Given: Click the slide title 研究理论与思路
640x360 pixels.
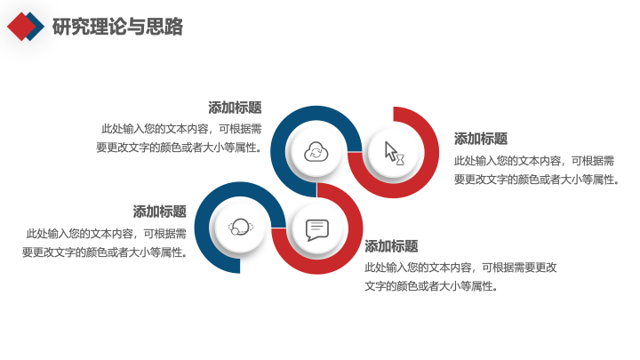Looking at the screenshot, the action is click(117, 27).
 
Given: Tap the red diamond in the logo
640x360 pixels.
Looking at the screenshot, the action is click(21, 27).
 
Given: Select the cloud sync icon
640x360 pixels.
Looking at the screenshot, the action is click(316, 152).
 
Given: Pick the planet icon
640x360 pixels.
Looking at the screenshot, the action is click(240, 227).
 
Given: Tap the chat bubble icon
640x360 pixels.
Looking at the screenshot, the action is click(317, 230).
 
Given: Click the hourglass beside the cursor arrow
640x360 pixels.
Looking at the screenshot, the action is click(400, 160).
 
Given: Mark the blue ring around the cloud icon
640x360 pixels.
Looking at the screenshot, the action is click(277, 152).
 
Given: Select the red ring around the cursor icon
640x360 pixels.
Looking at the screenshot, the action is click(431, 152).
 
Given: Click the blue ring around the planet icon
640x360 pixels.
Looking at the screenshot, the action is click(202, 228).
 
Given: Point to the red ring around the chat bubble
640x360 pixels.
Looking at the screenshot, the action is click(355, 228).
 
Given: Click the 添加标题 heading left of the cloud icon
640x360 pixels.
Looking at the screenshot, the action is click(235, 108).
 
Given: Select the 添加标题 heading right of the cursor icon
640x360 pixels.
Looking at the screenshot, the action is click(481, 139).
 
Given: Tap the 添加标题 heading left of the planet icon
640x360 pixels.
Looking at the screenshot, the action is click(160, 212).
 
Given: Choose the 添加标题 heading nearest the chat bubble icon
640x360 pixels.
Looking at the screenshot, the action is click(391, 246).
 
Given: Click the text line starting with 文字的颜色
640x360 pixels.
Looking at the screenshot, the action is click(431, 286).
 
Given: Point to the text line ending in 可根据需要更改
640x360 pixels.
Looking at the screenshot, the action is click(460, 268).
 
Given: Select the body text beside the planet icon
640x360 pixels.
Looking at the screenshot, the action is click(105, 243).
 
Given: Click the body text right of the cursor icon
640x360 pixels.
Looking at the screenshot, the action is click(537, 170).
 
